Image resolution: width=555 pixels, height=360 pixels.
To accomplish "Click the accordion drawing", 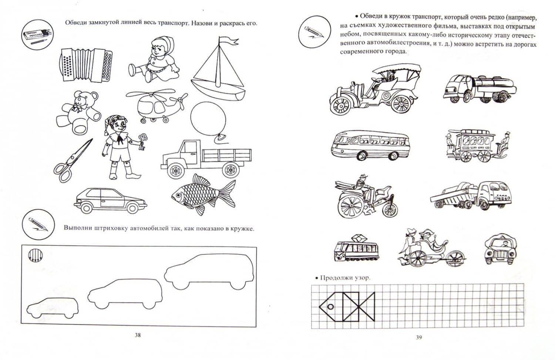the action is [86, 65].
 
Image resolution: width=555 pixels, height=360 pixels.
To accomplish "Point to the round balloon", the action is [208, 119].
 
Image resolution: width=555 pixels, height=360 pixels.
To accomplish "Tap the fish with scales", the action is [203, 195].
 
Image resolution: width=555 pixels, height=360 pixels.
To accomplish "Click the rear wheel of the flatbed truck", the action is [231, 170].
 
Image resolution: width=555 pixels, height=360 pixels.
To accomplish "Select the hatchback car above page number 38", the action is [110, 201].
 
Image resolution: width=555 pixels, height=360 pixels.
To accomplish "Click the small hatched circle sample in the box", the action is [36, 255].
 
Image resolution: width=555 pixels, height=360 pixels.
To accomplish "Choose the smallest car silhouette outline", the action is [52, 308].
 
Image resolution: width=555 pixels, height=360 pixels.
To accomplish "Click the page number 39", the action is [419, 337].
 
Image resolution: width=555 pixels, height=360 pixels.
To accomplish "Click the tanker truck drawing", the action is [480, 88].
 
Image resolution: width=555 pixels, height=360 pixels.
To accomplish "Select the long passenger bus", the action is [370, 144].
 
